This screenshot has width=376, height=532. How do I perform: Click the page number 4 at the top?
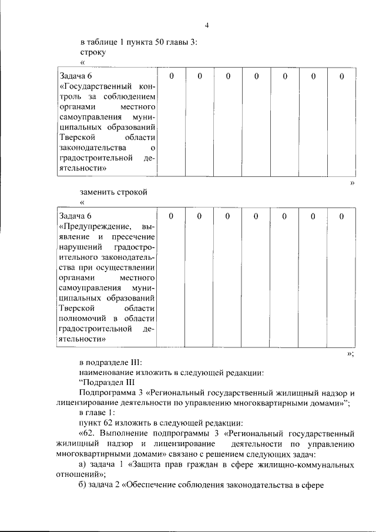207,25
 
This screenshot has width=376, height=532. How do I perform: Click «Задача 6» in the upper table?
76,76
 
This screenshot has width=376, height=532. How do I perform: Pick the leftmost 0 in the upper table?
171,76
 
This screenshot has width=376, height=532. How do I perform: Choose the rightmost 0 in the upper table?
341,76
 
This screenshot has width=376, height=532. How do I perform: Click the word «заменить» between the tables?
98,192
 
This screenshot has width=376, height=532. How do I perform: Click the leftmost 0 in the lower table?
171,216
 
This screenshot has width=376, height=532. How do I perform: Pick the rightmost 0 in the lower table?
341,216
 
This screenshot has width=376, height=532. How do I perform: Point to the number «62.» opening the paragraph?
88,433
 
